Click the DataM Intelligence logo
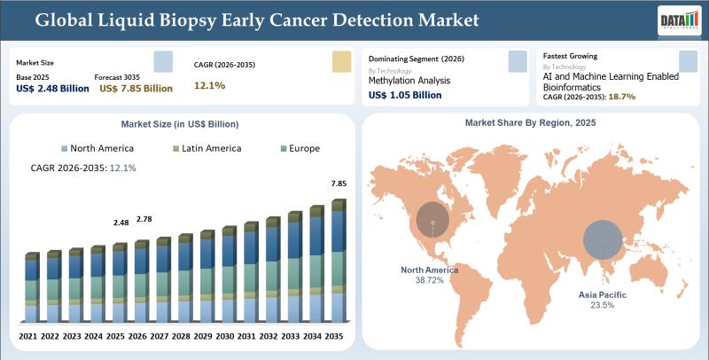point(674,20)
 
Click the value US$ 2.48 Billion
point(52,89)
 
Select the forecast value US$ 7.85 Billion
point(136,89)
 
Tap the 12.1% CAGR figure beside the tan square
point(209,85)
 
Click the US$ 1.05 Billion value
point(404,95)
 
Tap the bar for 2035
point(338,262)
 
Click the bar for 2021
point(32,288)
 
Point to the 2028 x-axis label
point(181,336)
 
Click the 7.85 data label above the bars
point(338,184)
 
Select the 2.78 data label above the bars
point(144,218)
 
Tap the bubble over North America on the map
point(433,215)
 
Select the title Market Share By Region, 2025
point(530,122)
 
